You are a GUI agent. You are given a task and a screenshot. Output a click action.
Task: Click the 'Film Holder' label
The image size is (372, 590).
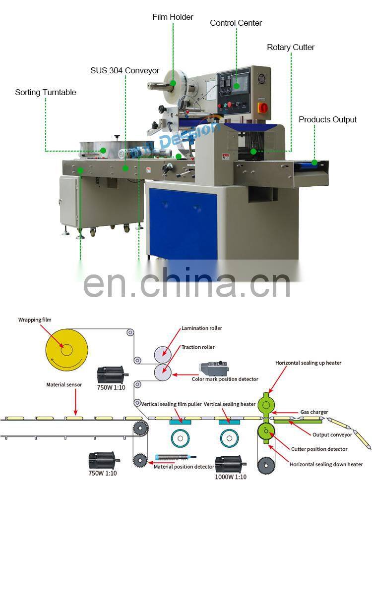(x=173, y=17)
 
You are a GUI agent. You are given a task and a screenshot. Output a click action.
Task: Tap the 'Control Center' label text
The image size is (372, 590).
(x=236, y=23)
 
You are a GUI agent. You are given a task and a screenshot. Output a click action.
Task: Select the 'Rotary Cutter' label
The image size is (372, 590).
(x=291, y=47)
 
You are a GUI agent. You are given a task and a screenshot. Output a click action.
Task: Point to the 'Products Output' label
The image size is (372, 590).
(x=327, y=119)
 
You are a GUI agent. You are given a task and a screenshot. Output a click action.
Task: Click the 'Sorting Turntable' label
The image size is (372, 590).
(x=46, y=92)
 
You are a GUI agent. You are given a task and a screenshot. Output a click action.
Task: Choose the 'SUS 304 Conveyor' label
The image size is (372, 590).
(x=124, y=70)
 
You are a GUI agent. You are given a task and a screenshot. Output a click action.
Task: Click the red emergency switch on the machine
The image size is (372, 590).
(x=264, y=107)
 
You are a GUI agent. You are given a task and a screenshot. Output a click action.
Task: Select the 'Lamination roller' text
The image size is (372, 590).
(x=201, y=328)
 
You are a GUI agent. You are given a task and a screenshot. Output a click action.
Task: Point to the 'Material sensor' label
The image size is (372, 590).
(x=64, y=384)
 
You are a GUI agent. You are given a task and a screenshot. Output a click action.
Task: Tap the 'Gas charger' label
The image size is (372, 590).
(x=314, y=412)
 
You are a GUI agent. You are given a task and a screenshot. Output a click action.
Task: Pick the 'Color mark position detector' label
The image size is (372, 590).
(x=225, y=379)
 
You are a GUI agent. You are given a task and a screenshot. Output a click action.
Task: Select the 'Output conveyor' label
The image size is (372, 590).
(x=332, y=434)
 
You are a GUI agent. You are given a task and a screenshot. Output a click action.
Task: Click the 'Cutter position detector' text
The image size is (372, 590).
(x=319, y=449)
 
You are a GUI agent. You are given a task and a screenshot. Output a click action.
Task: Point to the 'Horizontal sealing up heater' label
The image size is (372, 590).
(x=308, y=363)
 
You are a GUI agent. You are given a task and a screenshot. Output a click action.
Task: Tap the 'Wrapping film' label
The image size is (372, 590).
(x=35, y=320)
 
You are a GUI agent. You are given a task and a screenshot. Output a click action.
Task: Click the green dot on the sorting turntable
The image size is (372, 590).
(x=103, y=150)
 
